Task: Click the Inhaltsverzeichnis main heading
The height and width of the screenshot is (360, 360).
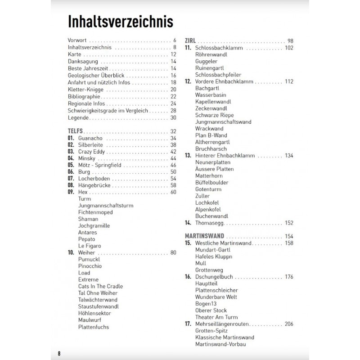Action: (x=120, y=21)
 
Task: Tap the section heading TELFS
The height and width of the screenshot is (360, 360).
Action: (x=75, y=131)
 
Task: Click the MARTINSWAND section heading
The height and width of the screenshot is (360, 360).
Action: (x=205, y=236)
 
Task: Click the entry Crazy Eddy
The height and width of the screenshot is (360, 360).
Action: (x=91, y=152)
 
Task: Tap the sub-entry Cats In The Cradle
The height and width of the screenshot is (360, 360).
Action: (x=100, y=286)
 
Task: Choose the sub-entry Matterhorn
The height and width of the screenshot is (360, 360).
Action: (x=208, y=176)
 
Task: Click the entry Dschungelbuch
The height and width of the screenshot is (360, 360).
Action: (x=214, y=277)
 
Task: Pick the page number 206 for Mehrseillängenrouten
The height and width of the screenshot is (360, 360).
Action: (x=288, y=324)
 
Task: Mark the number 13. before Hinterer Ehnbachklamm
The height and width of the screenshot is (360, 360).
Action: (x=188, y=156)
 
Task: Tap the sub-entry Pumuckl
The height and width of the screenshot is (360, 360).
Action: (x=89, y=260)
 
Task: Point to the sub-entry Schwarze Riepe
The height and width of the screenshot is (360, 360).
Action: (x=215, y=115)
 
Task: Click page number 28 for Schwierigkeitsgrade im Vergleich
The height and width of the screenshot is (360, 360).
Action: (x=173, y=111)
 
